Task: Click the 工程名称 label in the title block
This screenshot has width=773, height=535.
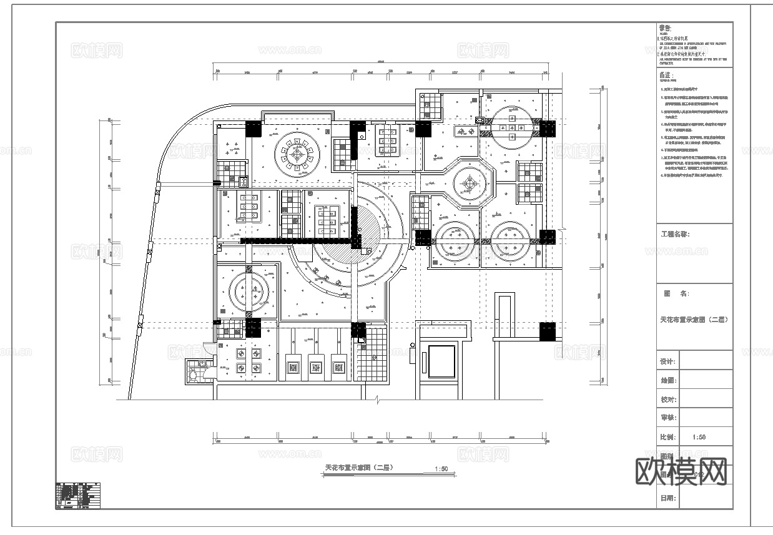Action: (675, 235)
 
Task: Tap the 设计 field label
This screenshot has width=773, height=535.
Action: (667, 361)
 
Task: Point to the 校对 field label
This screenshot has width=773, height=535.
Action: (667, 400)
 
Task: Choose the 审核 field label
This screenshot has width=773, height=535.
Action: (667, 418)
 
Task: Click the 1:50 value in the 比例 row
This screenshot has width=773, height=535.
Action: (699, 437)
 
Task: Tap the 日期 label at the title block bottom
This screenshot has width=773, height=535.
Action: (667, 498)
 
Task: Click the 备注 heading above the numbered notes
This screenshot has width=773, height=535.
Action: (666, 76)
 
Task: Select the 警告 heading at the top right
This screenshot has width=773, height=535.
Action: (665, 28)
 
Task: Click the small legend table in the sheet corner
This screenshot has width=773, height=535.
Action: (78, 496)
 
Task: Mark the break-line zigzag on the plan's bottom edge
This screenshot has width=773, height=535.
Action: (377, 400)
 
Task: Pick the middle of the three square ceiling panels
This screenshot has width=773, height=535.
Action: (316, 365)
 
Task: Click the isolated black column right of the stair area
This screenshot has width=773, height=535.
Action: (547, 331)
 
